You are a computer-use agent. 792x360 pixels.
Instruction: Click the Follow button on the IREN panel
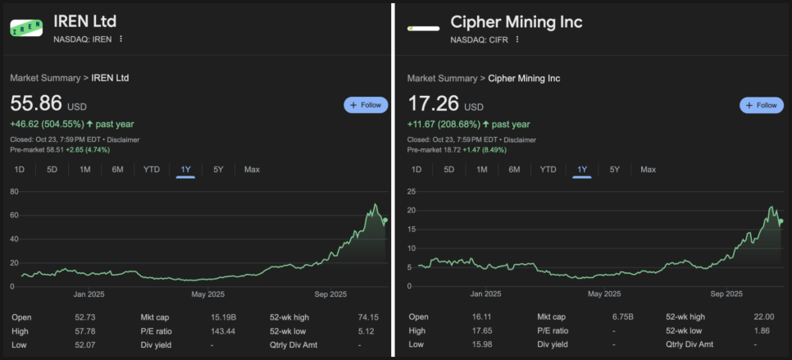point(366,105)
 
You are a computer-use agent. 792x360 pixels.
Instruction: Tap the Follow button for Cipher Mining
point(762,105)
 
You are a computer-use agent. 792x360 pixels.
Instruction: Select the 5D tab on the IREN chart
point(52,170)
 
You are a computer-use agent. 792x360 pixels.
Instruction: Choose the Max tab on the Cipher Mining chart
point(648,170)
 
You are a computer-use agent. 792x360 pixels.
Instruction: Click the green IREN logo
point(26,28)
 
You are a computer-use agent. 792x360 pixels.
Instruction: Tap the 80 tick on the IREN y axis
point(15,191)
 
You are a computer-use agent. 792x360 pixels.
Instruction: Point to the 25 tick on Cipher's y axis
point(412,191)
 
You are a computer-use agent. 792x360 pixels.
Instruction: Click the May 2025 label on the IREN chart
point(207,294)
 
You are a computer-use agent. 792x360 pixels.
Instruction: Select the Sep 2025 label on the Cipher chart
point(726,294)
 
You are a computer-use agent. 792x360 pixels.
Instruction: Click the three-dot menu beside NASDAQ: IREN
point(121,39)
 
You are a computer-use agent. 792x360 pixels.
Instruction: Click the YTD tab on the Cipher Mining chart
point(548,170)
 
